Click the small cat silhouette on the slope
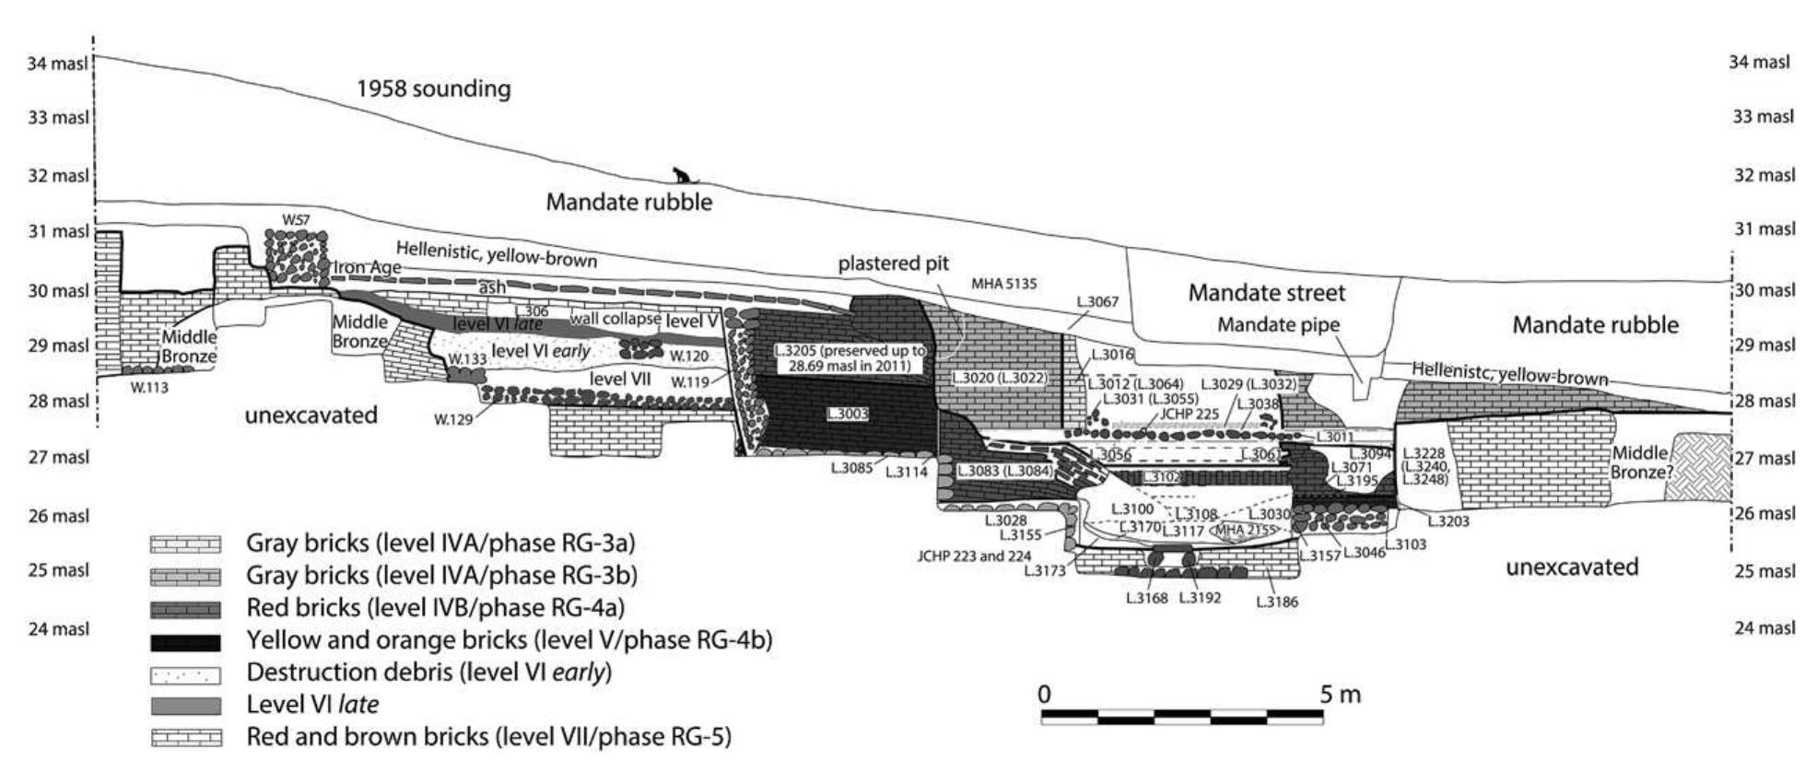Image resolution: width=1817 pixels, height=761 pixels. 681,176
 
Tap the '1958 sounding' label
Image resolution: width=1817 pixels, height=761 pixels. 433,89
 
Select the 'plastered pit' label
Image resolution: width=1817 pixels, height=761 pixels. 893,264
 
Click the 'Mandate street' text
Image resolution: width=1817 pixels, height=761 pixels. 1266,293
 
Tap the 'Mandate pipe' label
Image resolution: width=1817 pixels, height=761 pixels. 1279,324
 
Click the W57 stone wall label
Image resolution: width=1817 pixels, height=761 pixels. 296,219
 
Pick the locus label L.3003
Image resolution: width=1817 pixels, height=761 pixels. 848,415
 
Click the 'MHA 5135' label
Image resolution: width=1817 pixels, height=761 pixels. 1003,284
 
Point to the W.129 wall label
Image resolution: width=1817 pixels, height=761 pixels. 453,420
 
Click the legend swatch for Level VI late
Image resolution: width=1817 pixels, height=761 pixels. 185,706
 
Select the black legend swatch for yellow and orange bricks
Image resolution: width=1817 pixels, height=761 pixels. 185,641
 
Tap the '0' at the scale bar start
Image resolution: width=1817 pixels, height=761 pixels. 1043,695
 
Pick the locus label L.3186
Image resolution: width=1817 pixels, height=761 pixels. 1276,603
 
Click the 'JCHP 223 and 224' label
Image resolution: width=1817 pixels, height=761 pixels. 974,556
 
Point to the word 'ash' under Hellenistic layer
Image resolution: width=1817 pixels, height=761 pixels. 491,287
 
